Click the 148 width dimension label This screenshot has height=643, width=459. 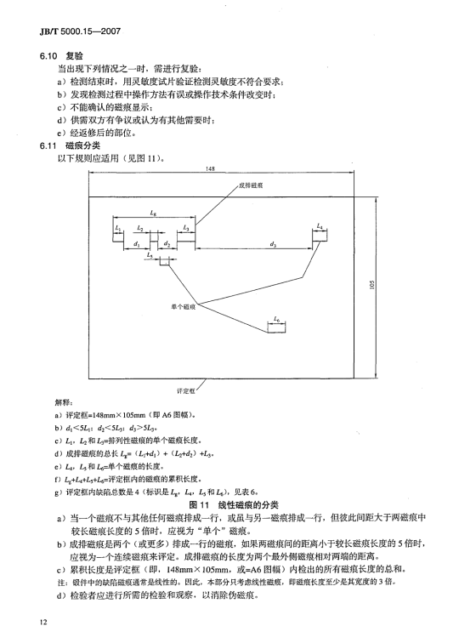click(209, 168)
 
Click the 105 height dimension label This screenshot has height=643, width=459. click(371, 284)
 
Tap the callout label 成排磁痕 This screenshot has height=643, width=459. click(251, 185)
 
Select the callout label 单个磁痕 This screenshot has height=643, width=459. click(184, 306)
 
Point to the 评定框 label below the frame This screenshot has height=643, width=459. click(185, 391)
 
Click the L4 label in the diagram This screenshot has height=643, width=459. click(320, 226)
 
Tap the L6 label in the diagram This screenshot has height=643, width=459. click(276, 319)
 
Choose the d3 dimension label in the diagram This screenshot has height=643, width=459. click(273, 244)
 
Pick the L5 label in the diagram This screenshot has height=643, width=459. click(150, 255)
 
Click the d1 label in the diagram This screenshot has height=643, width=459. click(137, 244)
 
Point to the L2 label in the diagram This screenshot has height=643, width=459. click(139, 227)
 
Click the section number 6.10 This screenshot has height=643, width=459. click(48, 56)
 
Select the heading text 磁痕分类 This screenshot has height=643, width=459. click(82, 145)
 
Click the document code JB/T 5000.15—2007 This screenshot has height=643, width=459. click(80, 31)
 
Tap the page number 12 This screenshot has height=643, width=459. click(43, 622)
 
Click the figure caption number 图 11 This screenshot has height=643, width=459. click(199, 504)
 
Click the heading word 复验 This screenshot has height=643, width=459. click(74, 56)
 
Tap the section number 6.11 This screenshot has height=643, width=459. click(48, 146)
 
